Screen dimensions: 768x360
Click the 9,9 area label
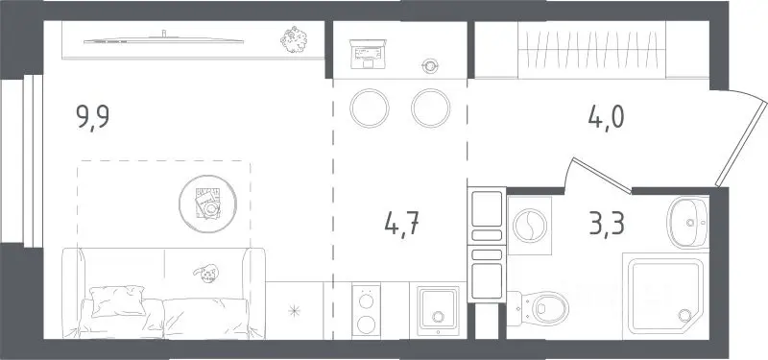click(92, 117)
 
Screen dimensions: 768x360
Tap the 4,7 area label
click(402, 225)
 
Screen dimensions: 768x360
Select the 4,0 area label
click(607, 117)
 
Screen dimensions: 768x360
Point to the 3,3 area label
click(608, 224)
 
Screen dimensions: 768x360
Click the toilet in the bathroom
click(539, 308)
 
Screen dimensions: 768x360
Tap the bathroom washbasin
click(687, 224)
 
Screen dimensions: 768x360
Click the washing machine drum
click(530, 226)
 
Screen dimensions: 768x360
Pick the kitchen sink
click(439, 311)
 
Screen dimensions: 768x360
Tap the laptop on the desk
click(368, 54)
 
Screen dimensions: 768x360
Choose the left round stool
click(370, 108)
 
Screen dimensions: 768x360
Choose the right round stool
click(430, 108)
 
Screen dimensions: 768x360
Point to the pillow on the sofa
click(117, 300)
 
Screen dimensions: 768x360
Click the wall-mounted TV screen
click(163, 40)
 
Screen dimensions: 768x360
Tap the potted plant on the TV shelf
click(294, 39)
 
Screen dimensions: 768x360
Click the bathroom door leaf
click(602, 176)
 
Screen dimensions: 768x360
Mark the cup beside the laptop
click(430, 65)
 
